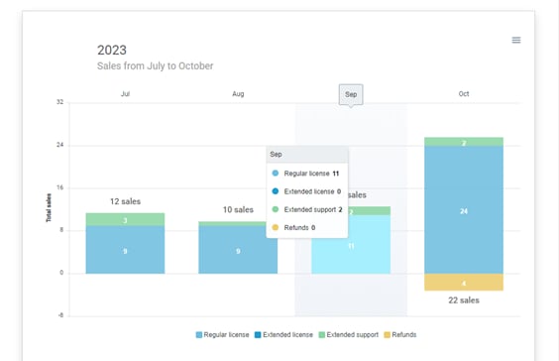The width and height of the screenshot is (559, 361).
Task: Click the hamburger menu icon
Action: click(x=515, y=40)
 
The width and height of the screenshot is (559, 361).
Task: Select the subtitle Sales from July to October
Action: click(x=155, y=66)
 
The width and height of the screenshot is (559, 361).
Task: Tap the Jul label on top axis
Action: click(x=125, y=94)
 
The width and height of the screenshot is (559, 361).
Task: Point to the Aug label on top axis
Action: click(x=238, y=94)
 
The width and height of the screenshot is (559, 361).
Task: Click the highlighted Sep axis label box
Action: click(x=350, y=95)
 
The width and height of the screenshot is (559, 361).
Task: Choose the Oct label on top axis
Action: click(x=463, y=94)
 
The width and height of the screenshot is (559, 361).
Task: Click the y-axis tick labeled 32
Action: click(x=60, y=102)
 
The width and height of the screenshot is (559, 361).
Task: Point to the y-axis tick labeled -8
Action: click(x=60, y=316)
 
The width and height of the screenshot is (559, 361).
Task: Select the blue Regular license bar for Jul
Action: click(x=125, y=250)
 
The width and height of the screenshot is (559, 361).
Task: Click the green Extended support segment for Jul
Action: click(x=125, y=219)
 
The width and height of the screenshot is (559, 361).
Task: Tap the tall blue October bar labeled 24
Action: click(x=463, y=210)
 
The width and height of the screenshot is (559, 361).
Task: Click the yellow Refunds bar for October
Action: click(x=463, y=283)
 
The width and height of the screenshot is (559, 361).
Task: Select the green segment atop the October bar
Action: click(x=463, y=142)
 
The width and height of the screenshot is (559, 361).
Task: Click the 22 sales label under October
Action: click(x=463, y=301)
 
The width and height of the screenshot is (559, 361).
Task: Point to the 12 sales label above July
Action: click(x=125, y=201)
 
